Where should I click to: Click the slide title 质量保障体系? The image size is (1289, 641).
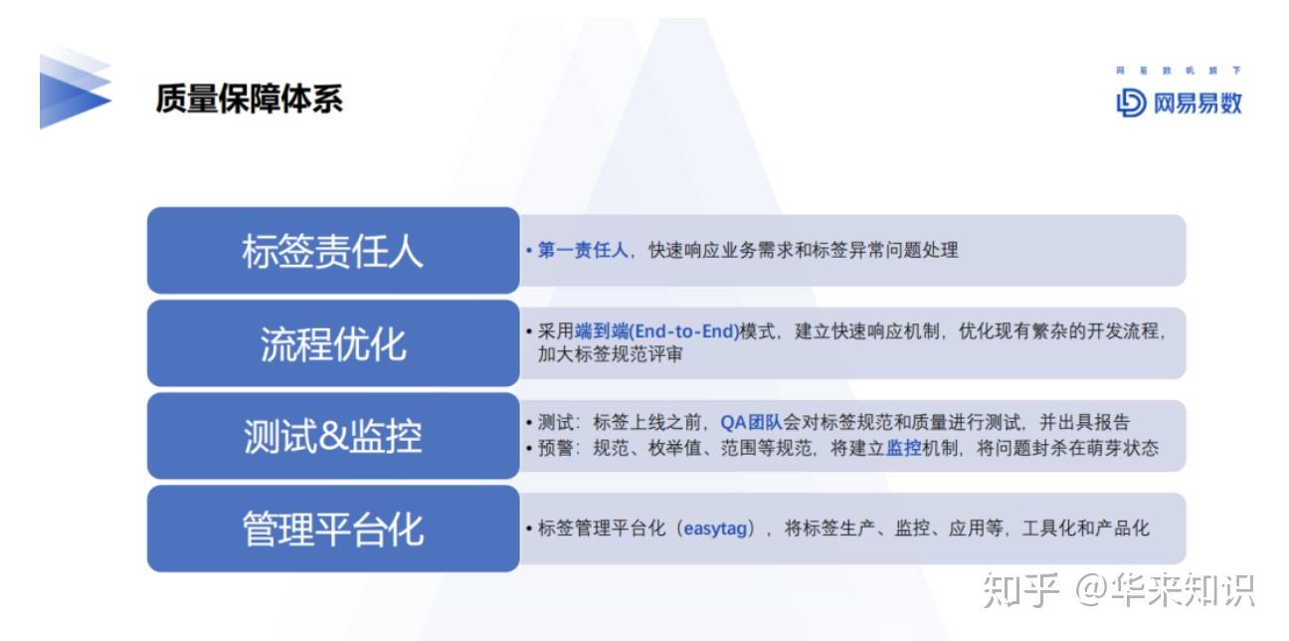[x=250, y=99]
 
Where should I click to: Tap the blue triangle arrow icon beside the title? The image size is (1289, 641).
[x=75, y=90]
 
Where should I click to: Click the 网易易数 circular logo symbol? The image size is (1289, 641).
[x=1131, y=104]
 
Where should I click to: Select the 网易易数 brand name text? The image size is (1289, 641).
[x=1197, y=104]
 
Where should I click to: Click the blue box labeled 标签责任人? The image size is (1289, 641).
[x=333, y=251]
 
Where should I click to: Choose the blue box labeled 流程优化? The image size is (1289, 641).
[x=333, y=343]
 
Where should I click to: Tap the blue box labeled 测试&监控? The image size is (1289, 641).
[x=333, y=436]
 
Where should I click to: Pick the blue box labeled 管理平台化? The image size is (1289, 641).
[x=333, y=529]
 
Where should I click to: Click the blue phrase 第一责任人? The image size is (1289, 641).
[x=583, y=250]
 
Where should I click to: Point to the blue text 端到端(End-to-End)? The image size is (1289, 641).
[x=656, y=331]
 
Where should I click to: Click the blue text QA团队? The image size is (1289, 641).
[x=751, y=422]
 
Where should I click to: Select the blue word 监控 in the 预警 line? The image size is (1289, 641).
[x=903, y=448]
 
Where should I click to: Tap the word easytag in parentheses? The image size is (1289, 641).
[x=715, y=529]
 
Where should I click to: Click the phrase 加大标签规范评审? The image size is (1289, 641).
[x=610, y=354]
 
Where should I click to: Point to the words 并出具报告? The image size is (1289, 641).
[x=1085, y=422]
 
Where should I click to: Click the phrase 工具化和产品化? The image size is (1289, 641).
[x=1085, y=529]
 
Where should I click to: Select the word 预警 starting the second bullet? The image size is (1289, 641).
[x=555, y=448]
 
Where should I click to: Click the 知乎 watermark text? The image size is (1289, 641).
[x=1020, y=590]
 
